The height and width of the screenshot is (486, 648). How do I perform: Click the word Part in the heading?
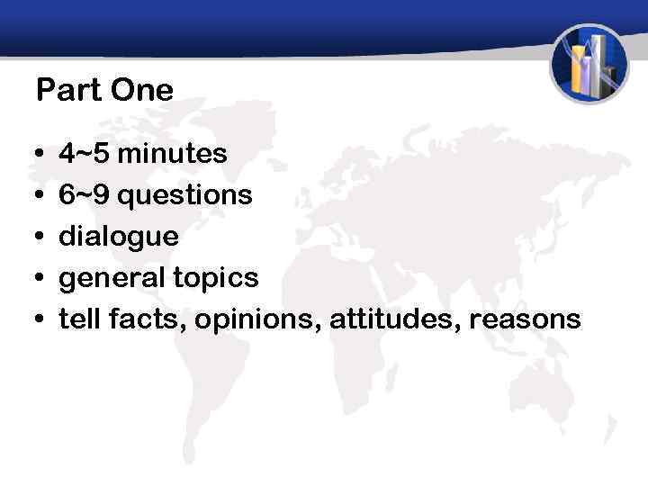click(x=68, y=90)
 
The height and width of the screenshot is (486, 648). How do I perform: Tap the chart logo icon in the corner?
click(x=589, y=64)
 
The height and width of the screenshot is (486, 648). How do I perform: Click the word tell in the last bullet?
click(x=76, y=319)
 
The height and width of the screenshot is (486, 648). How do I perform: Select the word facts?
click(x=134, y=319)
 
